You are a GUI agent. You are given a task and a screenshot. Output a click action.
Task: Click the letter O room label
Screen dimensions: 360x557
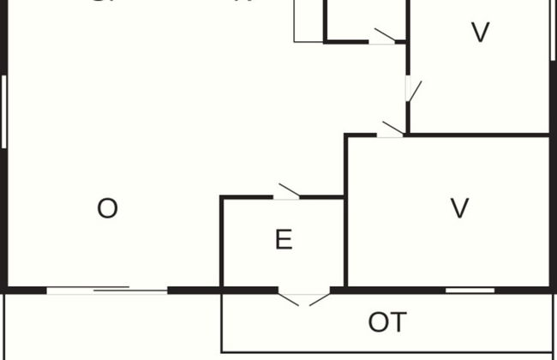107,208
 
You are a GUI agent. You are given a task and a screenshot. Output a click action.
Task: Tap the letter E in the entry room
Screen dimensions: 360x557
284,240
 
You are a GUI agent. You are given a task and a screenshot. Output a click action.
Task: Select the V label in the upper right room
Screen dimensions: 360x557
481,33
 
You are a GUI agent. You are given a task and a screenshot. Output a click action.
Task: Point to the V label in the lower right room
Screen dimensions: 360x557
460,208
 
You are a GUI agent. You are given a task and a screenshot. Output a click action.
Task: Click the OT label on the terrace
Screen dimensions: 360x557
387,322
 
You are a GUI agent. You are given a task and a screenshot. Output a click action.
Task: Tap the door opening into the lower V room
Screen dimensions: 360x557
391,131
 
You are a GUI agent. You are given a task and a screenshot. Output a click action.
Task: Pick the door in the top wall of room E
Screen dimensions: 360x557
286,194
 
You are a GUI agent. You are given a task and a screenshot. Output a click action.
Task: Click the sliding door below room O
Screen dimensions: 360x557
107,291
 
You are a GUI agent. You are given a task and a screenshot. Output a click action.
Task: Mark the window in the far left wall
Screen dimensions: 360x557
4,111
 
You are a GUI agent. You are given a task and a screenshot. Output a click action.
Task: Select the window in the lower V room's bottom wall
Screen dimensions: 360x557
470,291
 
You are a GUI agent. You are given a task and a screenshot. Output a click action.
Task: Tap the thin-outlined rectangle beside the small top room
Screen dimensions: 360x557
308,21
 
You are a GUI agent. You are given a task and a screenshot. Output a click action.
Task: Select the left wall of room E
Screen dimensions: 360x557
222,244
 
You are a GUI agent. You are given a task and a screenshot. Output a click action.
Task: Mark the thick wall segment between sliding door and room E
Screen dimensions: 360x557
195,291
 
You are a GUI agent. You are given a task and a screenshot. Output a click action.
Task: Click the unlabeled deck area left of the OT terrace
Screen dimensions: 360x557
111,326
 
